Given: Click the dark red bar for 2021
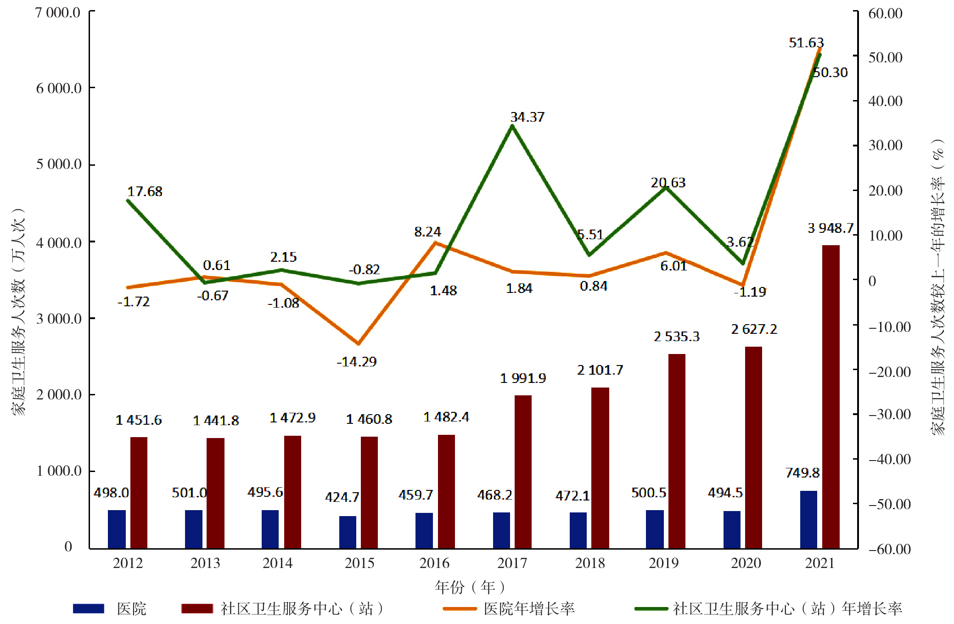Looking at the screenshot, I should pos(831,397).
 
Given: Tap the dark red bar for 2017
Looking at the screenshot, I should pos(523,472).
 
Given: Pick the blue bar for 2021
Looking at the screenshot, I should pos(808,519).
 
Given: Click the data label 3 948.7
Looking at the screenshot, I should pos(831,228).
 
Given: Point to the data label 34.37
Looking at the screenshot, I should pos(527,117).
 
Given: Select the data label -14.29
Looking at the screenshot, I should pos(357,362).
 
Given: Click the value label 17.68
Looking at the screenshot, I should pos(145,191).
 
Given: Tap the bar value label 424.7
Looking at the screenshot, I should pos(342,497).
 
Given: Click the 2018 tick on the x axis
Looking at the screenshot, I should pos(590,563).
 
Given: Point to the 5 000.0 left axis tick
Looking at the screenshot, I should pos(59,164).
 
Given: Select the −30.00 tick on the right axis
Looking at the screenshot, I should pos(889,415).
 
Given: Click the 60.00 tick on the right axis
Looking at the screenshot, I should pos(885,14).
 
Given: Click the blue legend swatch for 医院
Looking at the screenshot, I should pos(89,609).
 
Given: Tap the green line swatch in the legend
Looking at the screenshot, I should pos(651,609).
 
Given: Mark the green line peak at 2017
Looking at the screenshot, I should pos(512,125).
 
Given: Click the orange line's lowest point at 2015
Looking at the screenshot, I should pos(359,343).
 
